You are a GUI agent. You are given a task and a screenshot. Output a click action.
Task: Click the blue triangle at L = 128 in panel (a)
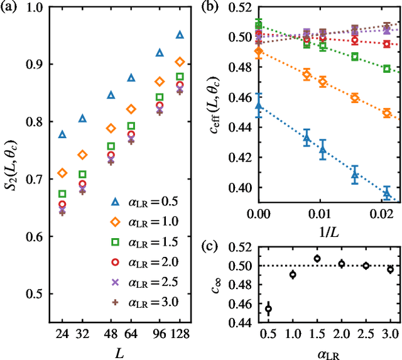pos(180,35)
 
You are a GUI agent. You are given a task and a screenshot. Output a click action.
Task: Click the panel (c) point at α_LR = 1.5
pos(317,258)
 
